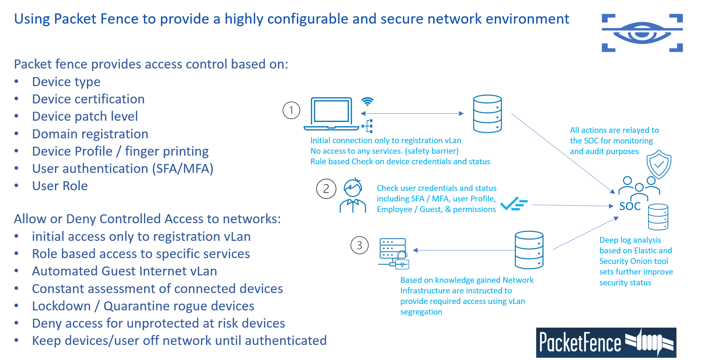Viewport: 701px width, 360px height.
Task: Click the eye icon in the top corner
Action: click(642, 33)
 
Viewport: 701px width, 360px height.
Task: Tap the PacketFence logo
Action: click(606, 342)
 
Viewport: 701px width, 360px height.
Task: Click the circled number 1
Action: click(291, 110)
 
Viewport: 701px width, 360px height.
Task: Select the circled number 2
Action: click(326, 189)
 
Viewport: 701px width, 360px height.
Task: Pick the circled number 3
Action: click(359, 245)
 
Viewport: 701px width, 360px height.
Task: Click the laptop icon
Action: click(331, 113)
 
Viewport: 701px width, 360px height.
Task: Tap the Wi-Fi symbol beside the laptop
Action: click(367, 101)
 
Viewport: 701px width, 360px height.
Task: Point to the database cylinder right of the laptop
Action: click(487, 114)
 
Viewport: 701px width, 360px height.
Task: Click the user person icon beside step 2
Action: click(353, 196)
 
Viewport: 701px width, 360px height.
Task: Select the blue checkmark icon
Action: click(513, 204)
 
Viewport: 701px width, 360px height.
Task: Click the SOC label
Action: click(630, 206)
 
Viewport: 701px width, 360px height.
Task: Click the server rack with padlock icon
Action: click(394, 253)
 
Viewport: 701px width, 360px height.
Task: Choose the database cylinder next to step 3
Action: click(529, 250)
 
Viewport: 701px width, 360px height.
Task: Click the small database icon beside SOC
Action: click(658, 217)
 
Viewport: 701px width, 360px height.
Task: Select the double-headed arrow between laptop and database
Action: click(412, 113)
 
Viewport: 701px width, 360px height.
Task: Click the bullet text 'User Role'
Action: click(60, 186)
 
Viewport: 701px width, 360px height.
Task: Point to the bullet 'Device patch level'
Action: click(85, 116)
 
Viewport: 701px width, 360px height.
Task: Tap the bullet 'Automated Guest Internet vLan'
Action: click(124, 271)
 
